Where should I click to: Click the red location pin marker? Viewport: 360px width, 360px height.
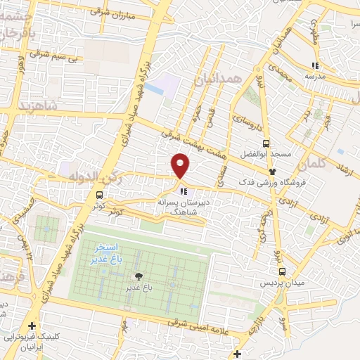coord(181,165)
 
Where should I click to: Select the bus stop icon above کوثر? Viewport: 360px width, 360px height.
coord(98,195)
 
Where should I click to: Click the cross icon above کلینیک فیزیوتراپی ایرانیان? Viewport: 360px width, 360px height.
coord(32,326)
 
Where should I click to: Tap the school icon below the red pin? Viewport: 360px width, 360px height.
coord(183,191)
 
